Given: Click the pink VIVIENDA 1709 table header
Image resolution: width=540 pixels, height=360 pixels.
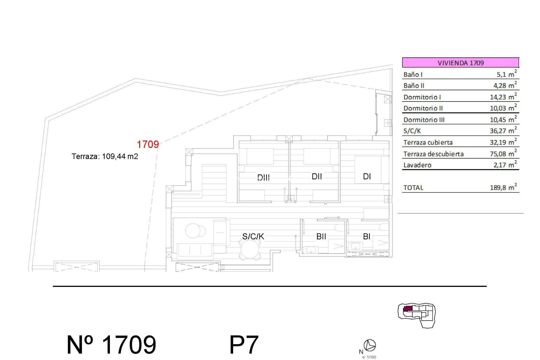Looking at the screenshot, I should [x=460, y=62].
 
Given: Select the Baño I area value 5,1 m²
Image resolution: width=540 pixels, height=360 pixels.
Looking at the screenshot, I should [x=506, y=74].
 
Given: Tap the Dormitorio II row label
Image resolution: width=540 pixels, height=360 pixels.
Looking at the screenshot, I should [x=423, y=108].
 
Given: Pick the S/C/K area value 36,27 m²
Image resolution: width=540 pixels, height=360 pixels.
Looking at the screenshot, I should [x=503, y=131].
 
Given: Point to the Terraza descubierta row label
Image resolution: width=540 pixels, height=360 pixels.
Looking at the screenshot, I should [x=433, y=154].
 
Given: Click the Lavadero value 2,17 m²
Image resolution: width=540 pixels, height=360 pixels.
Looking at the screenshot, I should [x=505, y=165].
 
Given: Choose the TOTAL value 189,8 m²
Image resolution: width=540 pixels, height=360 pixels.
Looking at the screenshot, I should [x=503, y=188].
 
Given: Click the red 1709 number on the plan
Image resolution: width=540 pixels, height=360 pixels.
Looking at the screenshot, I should [x=148, y=145].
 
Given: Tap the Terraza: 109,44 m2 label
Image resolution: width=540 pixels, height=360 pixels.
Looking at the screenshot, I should [x=105, y=156].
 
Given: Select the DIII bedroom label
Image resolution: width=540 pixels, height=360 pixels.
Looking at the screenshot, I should [x=264, y=177].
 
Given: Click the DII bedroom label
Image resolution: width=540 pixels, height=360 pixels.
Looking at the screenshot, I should [x=317, y=176].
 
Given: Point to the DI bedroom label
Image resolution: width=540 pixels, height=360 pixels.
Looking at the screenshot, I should [x=367, y=176].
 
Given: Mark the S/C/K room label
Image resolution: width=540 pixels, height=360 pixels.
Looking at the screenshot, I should [x=253, y=237].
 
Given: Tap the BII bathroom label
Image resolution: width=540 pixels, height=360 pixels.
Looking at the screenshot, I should [x=321, y=237].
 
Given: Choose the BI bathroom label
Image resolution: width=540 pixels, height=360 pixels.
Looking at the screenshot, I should [x=366, y=237].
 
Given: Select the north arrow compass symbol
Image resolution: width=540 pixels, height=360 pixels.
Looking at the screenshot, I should [x=370, y=345].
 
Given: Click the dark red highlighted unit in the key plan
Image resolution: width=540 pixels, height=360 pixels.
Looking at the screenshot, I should [x=408, y=309].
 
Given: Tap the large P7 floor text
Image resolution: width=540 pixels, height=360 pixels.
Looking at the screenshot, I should [x=244, y=345].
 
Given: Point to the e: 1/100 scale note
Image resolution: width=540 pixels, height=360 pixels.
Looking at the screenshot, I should [x=369, y=357].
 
